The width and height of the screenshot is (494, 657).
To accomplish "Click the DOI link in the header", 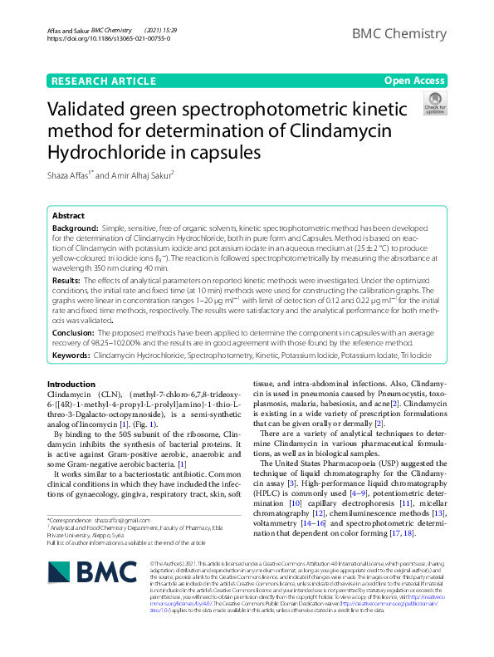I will tap(109, 38).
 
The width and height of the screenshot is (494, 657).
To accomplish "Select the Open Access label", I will tap(414, 81).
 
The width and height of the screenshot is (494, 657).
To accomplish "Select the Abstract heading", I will tap(68, 214).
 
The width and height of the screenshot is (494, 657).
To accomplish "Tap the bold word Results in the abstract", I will tap(67, 282).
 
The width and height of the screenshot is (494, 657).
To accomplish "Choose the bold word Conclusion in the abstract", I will tap(75, 331).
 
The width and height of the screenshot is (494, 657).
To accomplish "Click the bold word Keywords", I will tap(71, 355).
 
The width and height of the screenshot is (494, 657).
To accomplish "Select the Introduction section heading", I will tap(71, 385).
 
